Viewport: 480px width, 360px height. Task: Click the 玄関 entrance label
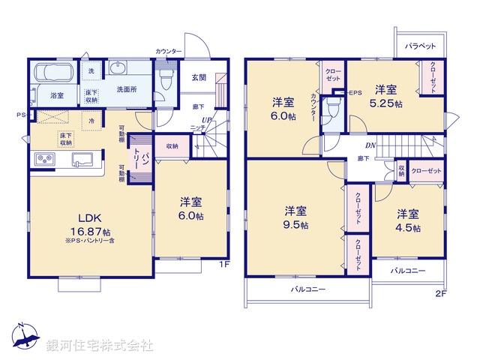tap(198, 77)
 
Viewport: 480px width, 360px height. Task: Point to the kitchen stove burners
tap(43, 160)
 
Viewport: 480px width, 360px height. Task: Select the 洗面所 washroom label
tap(126, 89)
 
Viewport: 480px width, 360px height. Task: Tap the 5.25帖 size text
tap(389, 103)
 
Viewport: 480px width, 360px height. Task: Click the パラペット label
tap(420, 46)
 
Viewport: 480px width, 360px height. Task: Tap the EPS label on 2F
tap(355, 92)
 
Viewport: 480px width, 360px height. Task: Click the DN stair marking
tap(370, 145)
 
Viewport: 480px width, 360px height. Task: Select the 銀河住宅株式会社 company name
tap(100, 346)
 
